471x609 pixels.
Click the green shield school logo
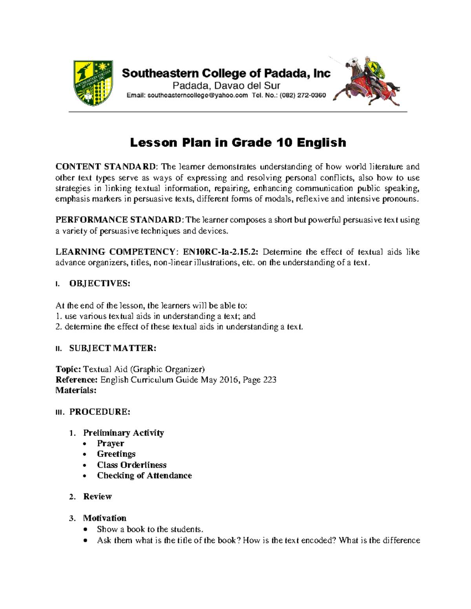93,83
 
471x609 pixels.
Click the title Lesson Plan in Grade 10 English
238,142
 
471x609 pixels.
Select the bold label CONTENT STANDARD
106,167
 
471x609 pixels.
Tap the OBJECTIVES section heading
99,284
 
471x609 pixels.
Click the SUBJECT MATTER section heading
113,348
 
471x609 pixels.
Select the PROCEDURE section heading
100,412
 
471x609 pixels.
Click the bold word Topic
68,369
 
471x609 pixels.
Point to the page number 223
270,380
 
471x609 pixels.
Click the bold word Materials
76,390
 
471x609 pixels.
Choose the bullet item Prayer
110,444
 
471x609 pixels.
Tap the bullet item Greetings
116,454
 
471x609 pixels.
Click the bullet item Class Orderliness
131,465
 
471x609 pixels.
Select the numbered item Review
97,497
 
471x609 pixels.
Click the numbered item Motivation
104,518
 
